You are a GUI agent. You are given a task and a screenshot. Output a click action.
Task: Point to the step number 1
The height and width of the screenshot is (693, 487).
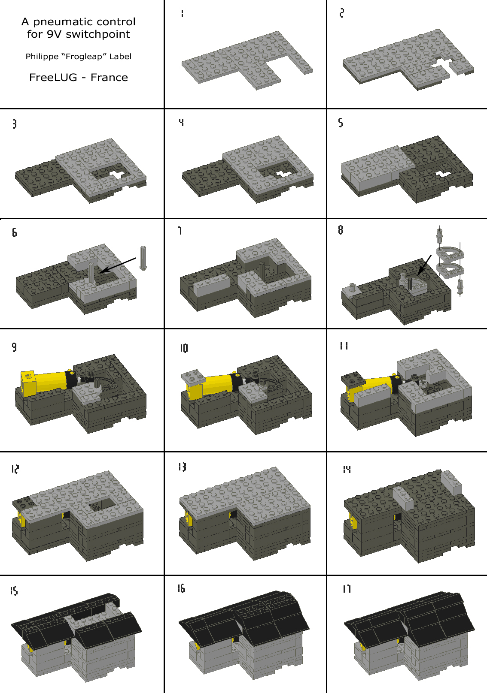point(182,13)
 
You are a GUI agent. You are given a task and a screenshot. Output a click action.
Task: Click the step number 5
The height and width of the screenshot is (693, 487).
point(341,123)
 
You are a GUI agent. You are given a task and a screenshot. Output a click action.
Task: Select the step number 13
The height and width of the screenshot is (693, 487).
point(182,467)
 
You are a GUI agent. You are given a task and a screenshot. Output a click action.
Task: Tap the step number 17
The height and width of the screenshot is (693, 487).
point(347,589)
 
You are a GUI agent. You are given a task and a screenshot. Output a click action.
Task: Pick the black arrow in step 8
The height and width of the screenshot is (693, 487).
point(426,265)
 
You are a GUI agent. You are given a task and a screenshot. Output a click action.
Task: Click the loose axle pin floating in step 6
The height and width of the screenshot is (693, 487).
point(143,257)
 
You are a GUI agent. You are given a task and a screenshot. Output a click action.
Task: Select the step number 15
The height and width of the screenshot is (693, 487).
point(14,591)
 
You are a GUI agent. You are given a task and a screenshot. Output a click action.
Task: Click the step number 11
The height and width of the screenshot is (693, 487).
point(344,346)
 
